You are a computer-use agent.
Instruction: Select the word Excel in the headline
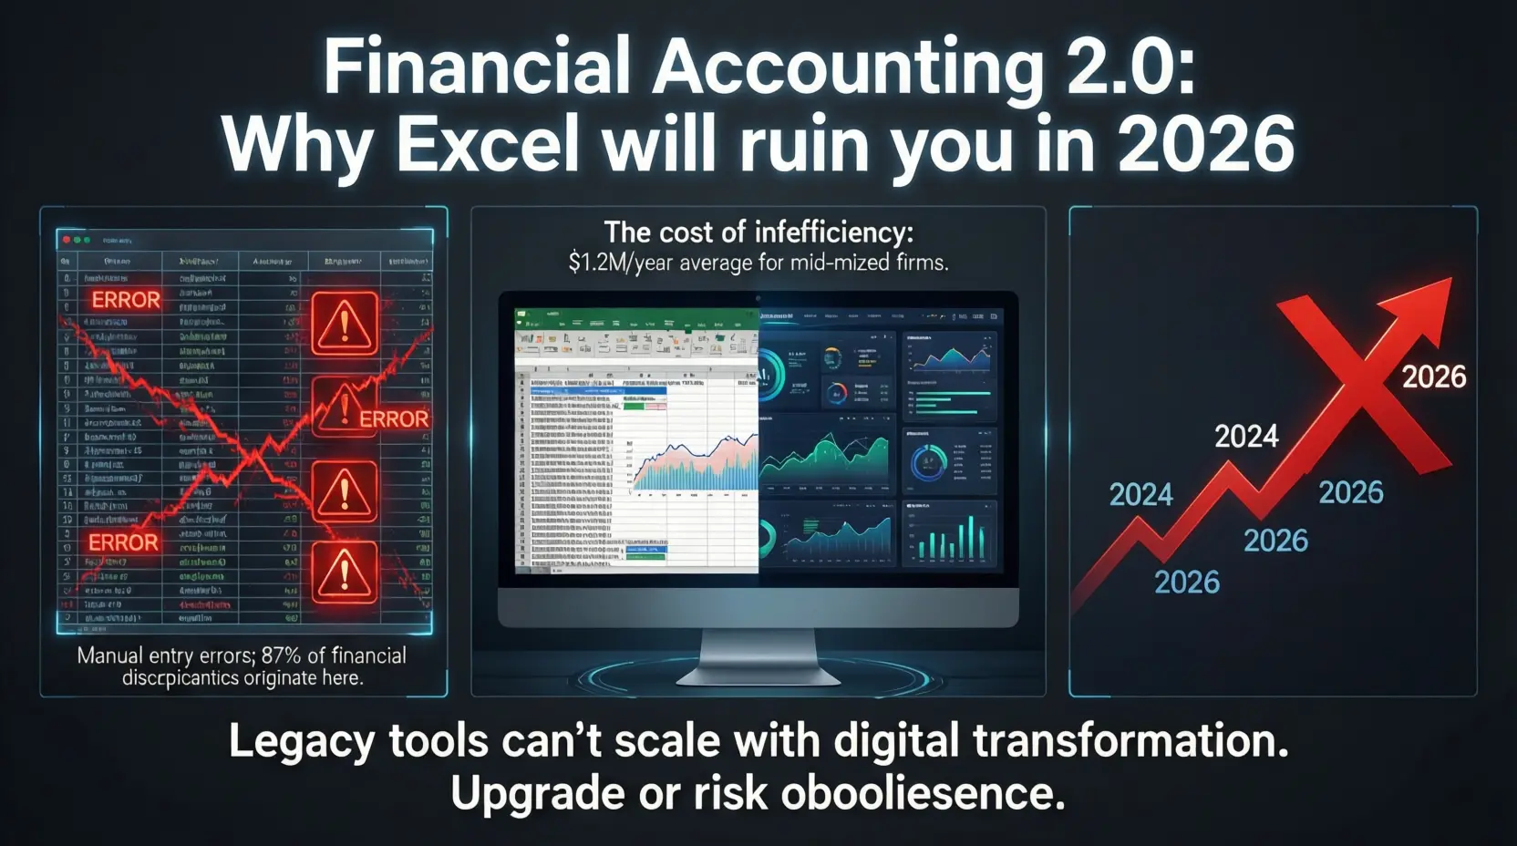click(488, 144)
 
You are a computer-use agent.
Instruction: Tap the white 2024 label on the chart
click(1246, 437)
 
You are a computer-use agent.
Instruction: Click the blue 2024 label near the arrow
click(1140, 495)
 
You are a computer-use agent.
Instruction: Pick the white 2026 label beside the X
click(1433, 377)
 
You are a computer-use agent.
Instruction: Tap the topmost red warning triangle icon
click(345, 324)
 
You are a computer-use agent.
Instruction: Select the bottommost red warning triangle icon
click(345, 572)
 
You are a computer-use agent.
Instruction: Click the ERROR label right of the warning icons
click(394, 419)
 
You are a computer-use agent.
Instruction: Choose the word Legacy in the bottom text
click(301, 741)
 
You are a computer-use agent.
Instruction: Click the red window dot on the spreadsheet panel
click(66, 240)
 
